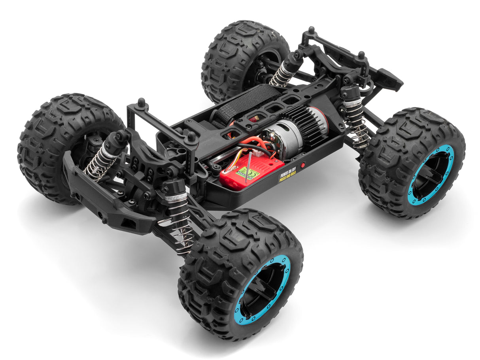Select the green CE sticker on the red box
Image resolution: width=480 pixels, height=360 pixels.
[248, 172]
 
